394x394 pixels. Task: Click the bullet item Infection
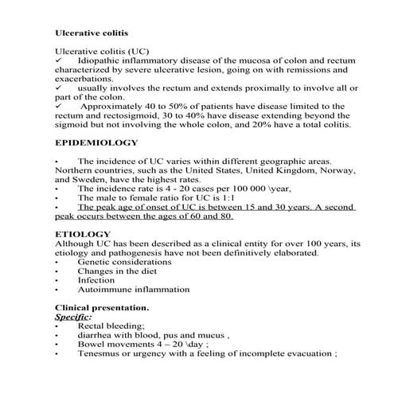click(96, 280)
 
